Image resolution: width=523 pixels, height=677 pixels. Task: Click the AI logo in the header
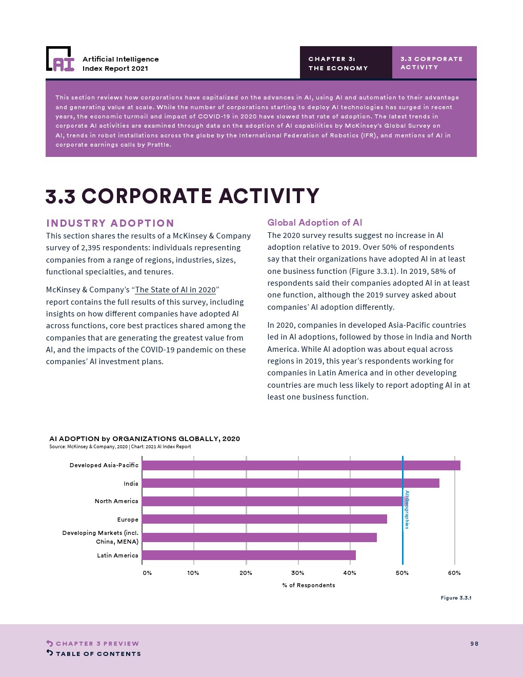click(x=60, y=59)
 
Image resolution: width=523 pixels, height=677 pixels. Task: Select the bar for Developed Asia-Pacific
click(x=301, y=465)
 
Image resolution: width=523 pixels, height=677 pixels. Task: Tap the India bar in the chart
click(x=290, y=483)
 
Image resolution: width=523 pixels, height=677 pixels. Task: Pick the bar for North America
click(x=272, y=501)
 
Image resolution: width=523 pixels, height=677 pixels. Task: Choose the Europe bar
click(x=264, y=519)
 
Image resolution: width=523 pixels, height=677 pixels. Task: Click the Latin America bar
click(x=249, y=555)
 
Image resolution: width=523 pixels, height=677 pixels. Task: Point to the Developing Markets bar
click(x=259, y=537)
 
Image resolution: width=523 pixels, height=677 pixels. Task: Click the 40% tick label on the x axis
click(x=350, y=573)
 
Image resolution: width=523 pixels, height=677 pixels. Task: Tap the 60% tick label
click(x=454, y=573)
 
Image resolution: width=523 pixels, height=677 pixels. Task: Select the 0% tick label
click(x=147, y=573)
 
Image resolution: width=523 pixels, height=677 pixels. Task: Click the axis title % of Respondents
click(x=309, y=585)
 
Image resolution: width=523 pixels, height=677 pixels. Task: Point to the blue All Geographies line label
click(x=407, y=509)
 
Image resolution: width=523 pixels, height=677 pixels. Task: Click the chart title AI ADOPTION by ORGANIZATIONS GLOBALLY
click(x=145, y=439)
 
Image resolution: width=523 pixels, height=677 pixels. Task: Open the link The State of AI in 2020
click(x=175, y=290)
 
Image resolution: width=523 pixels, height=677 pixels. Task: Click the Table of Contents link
click(x=98, y=654)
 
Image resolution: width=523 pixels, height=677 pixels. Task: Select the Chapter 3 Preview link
click(x=97, y=644)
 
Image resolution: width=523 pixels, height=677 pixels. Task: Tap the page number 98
click(x=474, y=644)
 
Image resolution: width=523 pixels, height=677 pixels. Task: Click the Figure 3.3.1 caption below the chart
click(x=456, y=598)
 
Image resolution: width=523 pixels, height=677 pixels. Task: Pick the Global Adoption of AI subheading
click(x=315, y=223)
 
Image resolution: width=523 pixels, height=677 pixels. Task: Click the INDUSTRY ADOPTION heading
click(x=110, y=223)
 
